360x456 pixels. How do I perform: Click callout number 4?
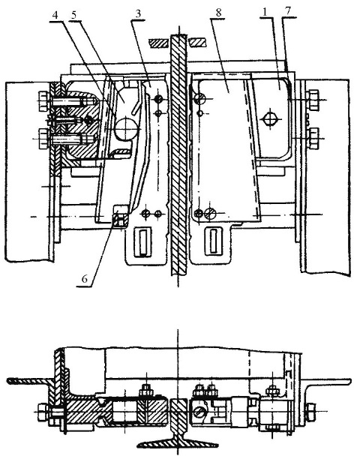pyautogui.click(x=55, y=15)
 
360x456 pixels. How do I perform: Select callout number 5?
pyautogui.click(x=74, y=15)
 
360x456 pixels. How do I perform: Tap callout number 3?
pyautogui.click(x=139, y=14)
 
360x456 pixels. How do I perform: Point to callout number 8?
pyautogui.click(x=218, y=13)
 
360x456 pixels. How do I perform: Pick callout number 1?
pyautogui.click(x=265, y=12)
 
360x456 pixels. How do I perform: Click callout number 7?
pyautogui.click(x=288, y=12)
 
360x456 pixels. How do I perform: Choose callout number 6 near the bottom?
pyautogui.click(x=85, y=279)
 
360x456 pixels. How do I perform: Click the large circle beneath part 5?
pyautogui.click(x=126, y=128)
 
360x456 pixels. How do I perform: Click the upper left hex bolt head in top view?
pyautogui.click(x=43, y=100)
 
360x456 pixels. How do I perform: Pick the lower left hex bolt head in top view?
pyautogui.click(x=43, y=139)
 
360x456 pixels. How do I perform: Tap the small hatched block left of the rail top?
pyautogui.click(x=158, y=43)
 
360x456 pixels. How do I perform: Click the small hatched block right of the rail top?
pyautogui.click(x=197, y=43)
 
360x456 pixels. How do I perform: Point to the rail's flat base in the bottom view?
pyautogui.click(x=178, y=443)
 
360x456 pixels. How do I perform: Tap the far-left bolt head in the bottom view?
pyautogui.click(x=42, y=412)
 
